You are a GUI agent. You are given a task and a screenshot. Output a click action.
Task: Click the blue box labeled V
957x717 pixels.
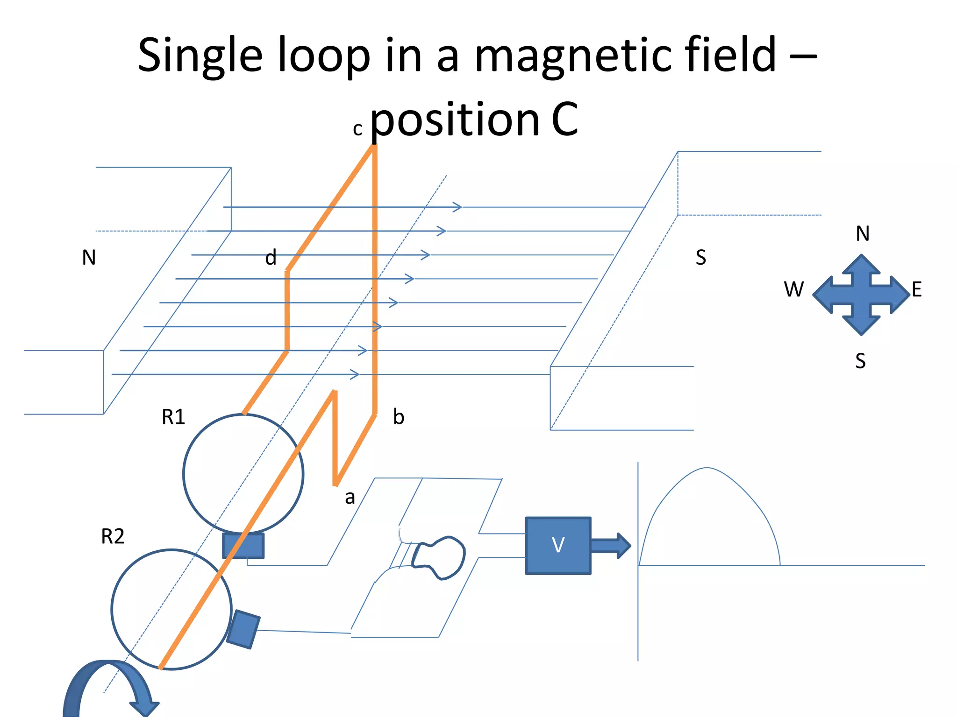tap(558, 545)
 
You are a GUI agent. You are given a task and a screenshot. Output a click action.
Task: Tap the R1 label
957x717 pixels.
tap(173, 417)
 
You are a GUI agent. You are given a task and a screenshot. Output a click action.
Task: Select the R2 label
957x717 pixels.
tap(113, 536)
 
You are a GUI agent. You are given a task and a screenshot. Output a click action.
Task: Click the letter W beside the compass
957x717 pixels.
tap(793, 289)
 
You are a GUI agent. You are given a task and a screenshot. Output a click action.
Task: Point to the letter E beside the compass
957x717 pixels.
tap(916, 289)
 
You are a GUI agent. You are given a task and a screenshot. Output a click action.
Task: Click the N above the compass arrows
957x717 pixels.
tap(863, 233)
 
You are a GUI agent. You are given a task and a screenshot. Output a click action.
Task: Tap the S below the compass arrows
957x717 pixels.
tap(860, 361)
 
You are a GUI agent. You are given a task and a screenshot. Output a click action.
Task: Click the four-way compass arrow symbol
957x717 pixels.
tap(861, 295)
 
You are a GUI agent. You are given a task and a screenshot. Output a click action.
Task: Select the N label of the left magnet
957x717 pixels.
tap(89, 258)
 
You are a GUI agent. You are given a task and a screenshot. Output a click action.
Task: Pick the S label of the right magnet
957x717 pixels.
tap(700, 258)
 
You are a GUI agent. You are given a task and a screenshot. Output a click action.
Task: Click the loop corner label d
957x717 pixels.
tap(271, 258)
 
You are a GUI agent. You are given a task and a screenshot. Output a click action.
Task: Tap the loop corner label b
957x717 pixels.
tap(398, 417)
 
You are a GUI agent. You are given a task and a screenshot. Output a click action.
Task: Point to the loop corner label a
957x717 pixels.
tap(350, 498)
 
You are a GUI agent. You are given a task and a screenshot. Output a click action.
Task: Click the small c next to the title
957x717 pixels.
tap(357, 129)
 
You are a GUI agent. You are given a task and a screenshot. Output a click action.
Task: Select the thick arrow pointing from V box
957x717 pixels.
tap(610, 545)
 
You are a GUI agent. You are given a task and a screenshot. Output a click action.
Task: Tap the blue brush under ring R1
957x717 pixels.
tap(243, 546)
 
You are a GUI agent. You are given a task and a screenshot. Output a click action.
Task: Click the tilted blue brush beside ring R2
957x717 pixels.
tap(243, 629)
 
